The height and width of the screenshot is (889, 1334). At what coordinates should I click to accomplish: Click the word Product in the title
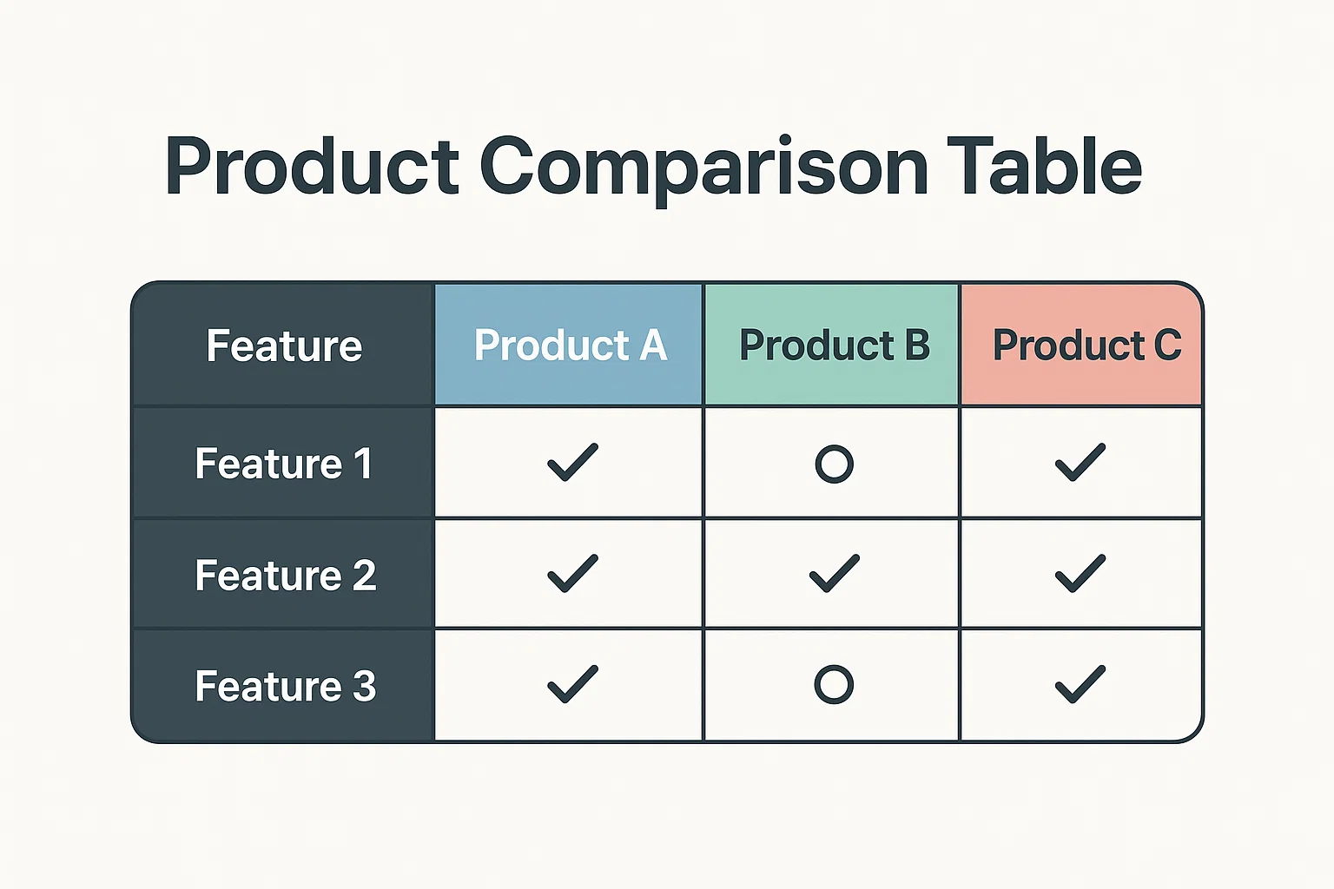pyautogui.click(x=312, y=165)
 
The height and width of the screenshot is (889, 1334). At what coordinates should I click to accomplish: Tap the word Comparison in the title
pyautogui.click(x=703, y=168)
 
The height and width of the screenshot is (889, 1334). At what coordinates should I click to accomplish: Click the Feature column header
pyautogui.click(x=284, y=346)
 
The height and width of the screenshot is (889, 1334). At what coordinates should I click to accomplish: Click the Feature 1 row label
pyautogui.click(x=284, y=464)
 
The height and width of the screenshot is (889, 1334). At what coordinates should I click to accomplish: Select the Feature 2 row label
pyautogui.click(x=285, y=576)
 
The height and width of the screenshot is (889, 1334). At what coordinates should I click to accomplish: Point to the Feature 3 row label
pyautogui.click(x=285, y=686)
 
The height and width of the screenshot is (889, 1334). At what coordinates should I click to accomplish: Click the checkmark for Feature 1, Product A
pyautogui.click(x=572, y=462)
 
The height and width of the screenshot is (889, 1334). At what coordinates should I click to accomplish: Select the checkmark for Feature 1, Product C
pyautogui.click(x=1080, y=462)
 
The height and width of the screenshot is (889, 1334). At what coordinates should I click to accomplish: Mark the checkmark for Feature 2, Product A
pyautogui.click(x=572, y=573)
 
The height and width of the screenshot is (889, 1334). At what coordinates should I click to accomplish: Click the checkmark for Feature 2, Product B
pyautogui.click(x=835, y=573)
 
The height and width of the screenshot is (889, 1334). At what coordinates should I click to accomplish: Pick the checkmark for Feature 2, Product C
pyautogui.click(x=1080, y=573)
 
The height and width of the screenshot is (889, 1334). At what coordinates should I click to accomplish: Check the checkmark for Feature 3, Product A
pyautogui.click(x=572, y=684)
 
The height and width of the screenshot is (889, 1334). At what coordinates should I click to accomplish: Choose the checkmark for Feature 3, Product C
pyautogui.click(x=1080, y=684)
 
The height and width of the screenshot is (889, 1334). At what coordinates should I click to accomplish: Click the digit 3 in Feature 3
pyautogui.click(x=364, y=686)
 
